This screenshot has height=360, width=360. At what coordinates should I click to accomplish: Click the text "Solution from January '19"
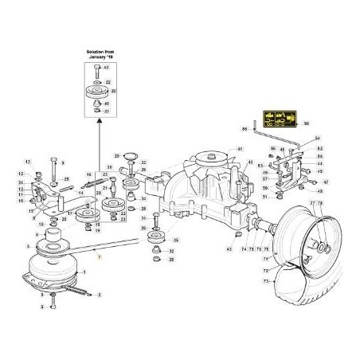[100, 55]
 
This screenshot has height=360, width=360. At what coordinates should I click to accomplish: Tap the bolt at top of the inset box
[97, 70]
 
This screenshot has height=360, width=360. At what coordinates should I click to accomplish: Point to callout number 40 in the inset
[110, 104]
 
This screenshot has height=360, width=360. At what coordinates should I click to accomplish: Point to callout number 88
[245, 127]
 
